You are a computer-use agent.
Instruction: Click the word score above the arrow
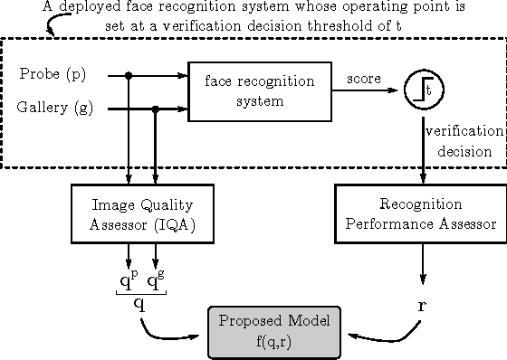[364, 80]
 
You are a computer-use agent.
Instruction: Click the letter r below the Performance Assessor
[421, 305]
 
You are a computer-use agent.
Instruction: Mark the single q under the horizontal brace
[139, 304]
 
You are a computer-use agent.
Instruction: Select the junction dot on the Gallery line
[157, 109]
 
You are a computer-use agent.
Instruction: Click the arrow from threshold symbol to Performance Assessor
[424, 145]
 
